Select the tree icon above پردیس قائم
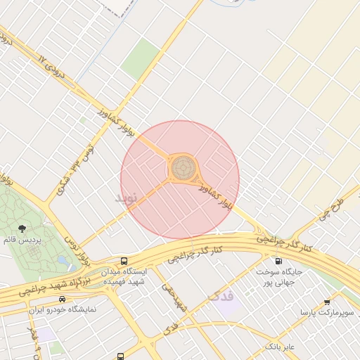pyautogui.click(x=22, y=229)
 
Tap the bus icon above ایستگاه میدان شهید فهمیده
pyautogui.click(x=124, y=261)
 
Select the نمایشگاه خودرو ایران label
pyautogui.click(x=63, y=309)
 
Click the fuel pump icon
pyautogui.click(x=271, y=260)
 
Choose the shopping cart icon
pyautogui.click(x=327, y=302)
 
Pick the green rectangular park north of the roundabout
pyautogui.click(x=141, y=58)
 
